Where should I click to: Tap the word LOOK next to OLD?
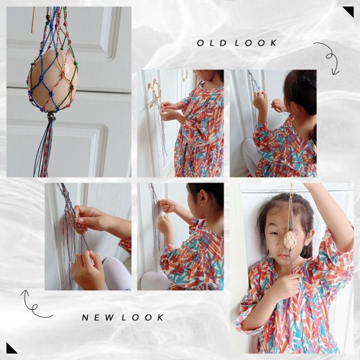pyautogui.click(x=256, y=43)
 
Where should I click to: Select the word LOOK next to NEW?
pyautogui.click(x=142, y=317)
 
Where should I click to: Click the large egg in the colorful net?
pyautogui.click(x=53, y=81)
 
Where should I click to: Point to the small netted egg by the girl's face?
pyautogui.click(x=290, y=240)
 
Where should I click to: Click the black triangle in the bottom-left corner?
pyautogui.click(x=10, y=350)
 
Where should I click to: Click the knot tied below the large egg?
pyautogui.click(x=51, y=118)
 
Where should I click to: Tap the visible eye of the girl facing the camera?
pyautogui.click(x=274, y=233)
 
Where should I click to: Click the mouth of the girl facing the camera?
pyautogui.click(x=283, y=255)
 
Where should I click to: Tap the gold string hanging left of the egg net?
pyautogui.click(x=33, y=19)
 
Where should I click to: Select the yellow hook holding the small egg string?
pyautogui.click(x=291, y=191)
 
